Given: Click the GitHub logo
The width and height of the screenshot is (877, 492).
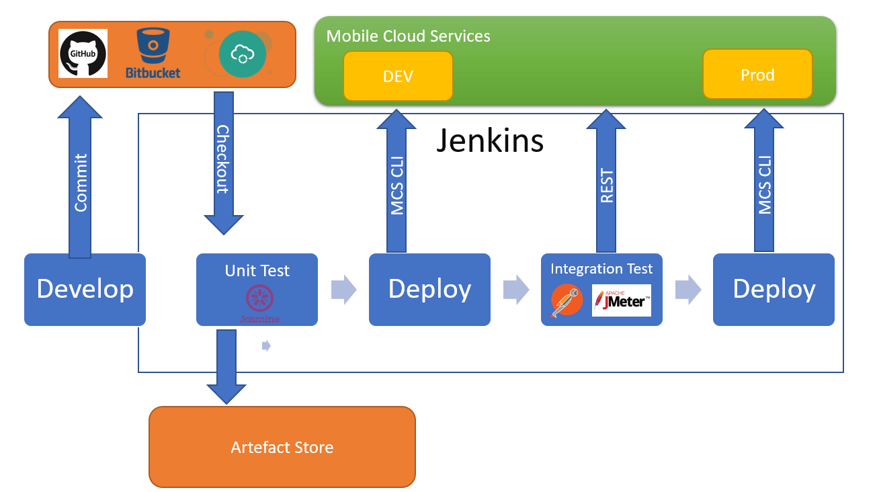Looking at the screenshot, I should click(x=83, y=54).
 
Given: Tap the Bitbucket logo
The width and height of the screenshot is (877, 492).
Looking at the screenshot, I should click(x=153, y=54).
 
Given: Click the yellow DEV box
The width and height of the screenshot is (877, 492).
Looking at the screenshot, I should click(x=398, y=76).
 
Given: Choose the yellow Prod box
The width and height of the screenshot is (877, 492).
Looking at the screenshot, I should click(x=757, y=74).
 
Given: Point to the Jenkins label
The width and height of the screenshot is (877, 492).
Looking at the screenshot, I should click(x=490, y=140).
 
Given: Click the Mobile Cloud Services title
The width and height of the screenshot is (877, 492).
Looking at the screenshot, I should click(x=408, y=36).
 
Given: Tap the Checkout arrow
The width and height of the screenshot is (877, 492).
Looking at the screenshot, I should click(x=223, y=161).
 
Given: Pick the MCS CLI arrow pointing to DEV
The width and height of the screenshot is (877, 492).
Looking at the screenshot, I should click(x=397, y=181).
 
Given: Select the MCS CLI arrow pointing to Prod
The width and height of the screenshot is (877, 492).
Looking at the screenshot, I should click(x=764, y=181).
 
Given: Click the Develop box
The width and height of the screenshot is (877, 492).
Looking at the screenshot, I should click(x=85, y=289).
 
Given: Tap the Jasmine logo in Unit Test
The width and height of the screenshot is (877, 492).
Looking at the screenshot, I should click(x=259, y=302).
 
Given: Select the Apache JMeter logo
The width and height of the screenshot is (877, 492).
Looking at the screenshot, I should click(x=621, y=300).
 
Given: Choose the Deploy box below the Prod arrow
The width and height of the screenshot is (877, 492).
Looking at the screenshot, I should click(x=774, y=289).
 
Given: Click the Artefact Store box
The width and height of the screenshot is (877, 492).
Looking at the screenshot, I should click(x=282, y=447).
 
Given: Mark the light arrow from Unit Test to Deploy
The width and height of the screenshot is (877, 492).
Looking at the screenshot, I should click(x=343, y=289).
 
